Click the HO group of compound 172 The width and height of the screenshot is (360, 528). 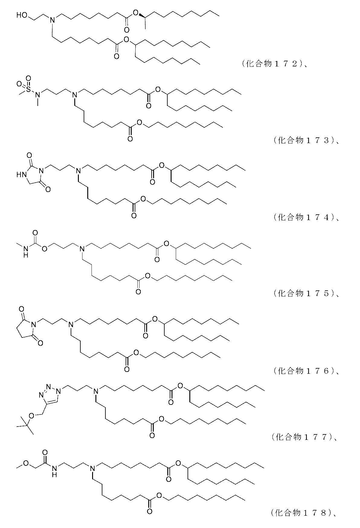pos(22,15)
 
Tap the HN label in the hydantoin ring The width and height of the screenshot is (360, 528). pos(21,174)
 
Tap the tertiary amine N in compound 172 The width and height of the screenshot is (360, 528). pos(52,20)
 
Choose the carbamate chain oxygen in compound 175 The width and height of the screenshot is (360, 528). pos(45,249)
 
